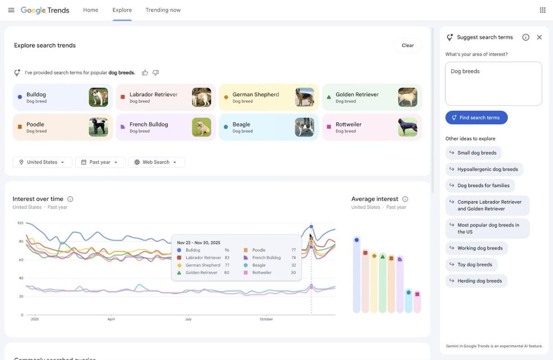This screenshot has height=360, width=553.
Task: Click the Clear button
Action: [x=407, y=45]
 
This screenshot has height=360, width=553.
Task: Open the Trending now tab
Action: [x=163, y=10]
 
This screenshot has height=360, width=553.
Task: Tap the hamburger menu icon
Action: [x=11, y=10]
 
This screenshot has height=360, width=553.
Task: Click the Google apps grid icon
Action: [x=542, y=10]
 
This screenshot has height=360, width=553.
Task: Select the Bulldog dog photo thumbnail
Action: [x=98, y=97]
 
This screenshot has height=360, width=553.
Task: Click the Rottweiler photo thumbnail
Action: [x=407, y=127]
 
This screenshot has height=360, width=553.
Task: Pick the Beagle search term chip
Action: [x=258, y=127]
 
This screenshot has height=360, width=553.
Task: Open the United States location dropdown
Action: [x=42, y=162]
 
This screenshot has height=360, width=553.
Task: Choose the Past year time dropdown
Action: [x=100, y=162]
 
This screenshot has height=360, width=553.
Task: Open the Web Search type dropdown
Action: [x=156, y=162]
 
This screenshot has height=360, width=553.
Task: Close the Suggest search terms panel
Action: [x=539, y=37]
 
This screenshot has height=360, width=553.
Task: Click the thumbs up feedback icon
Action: [x=145, y=73]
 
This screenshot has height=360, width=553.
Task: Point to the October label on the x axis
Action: [x=266, y=319]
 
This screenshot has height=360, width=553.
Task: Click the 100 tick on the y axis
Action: [x=20, y=223]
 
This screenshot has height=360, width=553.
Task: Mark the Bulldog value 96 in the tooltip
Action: [x=227, y=250]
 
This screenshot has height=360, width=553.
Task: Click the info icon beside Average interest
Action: [x=405, y=199]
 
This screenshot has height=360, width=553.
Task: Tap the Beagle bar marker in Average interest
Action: [x=408, y=292]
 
